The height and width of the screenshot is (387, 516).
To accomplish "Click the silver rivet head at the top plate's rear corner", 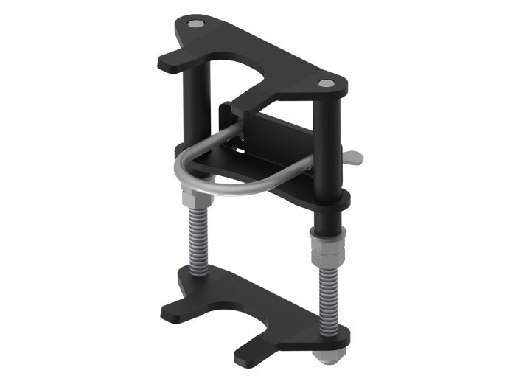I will (x=194, y=25).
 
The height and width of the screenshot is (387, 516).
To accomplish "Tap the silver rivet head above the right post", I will (x=325, y=84).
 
